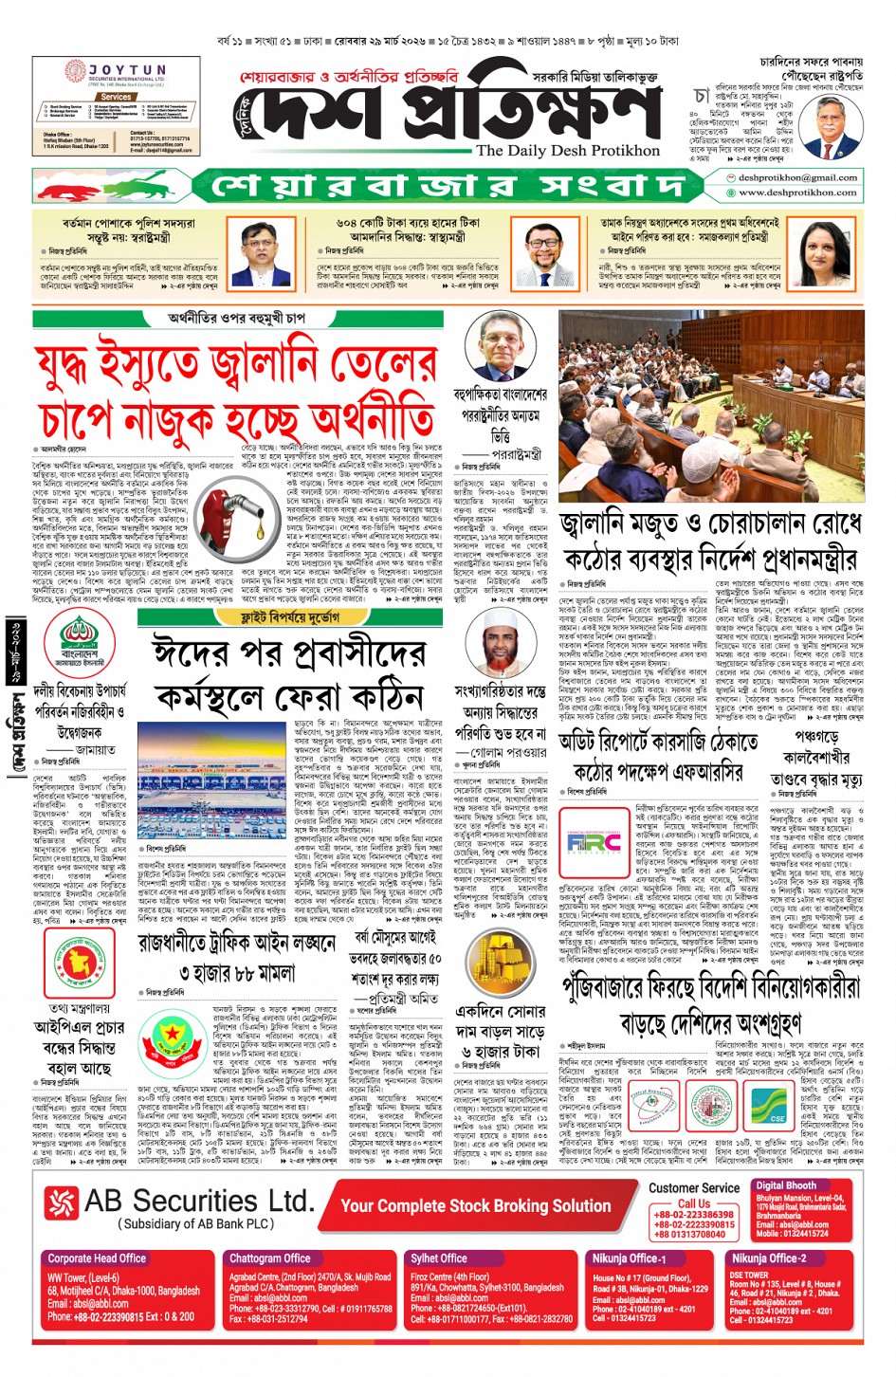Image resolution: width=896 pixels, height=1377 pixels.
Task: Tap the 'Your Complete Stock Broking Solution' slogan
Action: pos(475,1205)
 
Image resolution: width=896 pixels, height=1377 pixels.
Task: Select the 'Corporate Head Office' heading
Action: pos(97,1258)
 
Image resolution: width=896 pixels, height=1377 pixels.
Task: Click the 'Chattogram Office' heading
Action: pos(269,1258)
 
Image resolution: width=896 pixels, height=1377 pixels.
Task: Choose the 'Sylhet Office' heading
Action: pos(439,1258)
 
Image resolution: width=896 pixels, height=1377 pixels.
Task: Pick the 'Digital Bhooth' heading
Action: pos(786,1185)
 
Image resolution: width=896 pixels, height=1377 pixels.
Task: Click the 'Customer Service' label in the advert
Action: pos(694,1187)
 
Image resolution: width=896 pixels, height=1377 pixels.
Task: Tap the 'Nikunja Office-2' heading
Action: pos(769,1258)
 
